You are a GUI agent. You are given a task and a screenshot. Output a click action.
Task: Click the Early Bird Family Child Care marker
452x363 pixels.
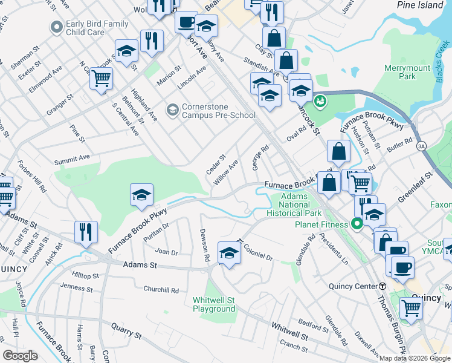pyautogui.click(x=57, y=27)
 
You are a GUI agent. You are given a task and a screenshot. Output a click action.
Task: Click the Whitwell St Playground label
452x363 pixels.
pyautogui.click(x=214, y=304)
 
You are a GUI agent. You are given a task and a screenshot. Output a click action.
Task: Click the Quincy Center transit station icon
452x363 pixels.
pyautogui.click(x=383, y=286)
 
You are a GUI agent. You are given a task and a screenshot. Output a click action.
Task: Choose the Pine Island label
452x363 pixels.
pyautogui.click(x=421, y=5)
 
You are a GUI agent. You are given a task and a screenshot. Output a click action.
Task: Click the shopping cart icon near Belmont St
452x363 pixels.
pyautogui.click(x=101, y=77)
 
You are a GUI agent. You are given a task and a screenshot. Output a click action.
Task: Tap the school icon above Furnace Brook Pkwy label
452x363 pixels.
pyautogui.click(x=141, y=194)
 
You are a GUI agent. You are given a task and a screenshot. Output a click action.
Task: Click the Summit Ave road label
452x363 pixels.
pyautogui.click(x=72, y=159)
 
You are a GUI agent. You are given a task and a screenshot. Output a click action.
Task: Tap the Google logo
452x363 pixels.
pyautogui.click(x=21, y=356)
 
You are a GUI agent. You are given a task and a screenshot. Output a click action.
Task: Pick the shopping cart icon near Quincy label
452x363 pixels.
pyautogui.click(x=411, y=307)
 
